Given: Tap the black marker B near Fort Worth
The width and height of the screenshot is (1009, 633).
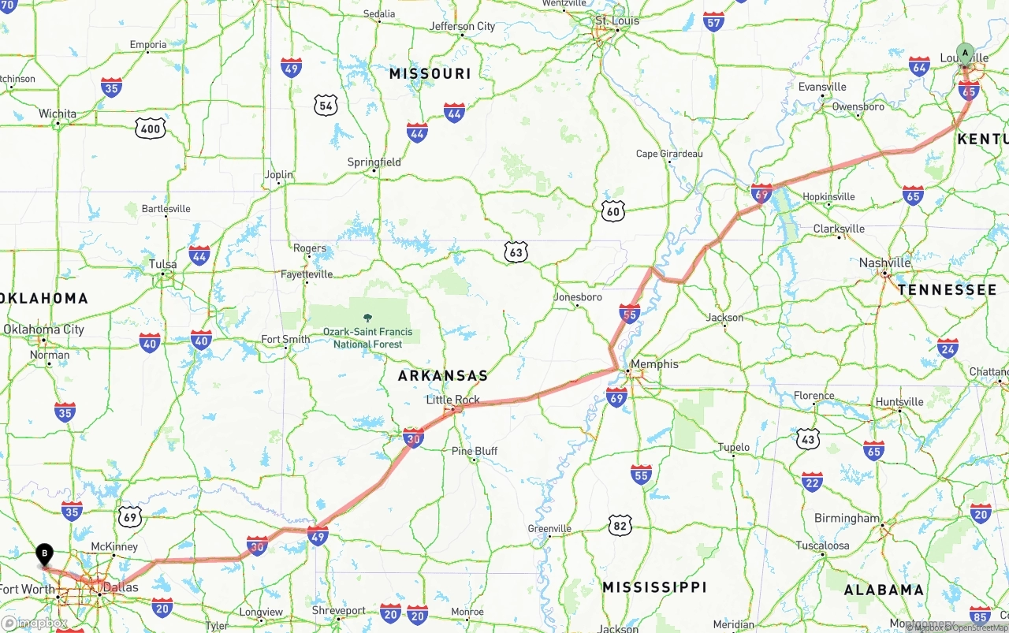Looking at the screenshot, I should (x=45, y=554).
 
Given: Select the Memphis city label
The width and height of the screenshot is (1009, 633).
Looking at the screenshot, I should (x=654, y=364).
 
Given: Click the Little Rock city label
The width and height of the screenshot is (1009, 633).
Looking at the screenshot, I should (x=452, y=400).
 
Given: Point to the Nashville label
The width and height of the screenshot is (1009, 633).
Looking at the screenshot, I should (x=885, y=263).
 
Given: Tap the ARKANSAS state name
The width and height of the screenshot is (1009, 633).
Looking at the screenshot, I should (x=442, y=376).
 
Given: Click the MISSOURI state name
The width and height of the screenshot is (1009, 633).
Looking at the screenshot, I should (x=430, y=73).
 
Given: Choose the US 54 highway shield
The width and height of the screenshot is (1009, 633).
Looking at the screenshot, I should (x=325, y=105).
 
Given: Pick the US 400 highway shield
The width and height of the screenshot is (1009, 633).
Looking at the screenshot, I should (x=150, y=128).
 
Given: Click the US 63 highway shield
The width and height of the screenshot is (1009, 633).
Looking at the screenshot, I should (x=516, y=252).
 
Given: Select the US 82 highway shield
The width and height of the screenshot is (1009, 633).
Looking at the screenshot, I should (x=620, y=525).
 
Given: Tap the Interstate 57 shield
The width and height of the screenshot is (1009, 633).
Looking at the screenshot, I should (x=714, y=21).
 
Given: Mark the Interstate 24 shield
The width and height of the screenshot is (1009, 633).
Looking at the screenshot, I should (x=948, y=348).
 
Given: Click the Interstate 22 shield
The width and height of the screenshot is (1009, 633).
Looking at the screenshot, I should (x=812, y=482).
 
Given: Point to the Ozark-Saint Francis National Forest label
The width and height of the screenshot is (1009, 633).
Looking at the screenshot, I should (x=367, y=337).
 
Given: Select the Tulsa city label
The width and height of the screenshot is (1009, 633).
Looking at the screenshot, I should (x=163, y=264).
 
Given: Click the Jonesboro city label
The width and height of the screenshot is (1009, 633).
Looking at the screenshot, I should (x=578, y=297).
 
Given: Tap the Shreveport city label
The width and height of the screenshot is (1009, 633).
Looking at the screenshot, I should (x=339, y=610).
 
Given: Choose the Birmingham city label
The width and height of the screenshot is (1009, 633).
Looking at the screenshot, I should (x=847, y=519).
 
